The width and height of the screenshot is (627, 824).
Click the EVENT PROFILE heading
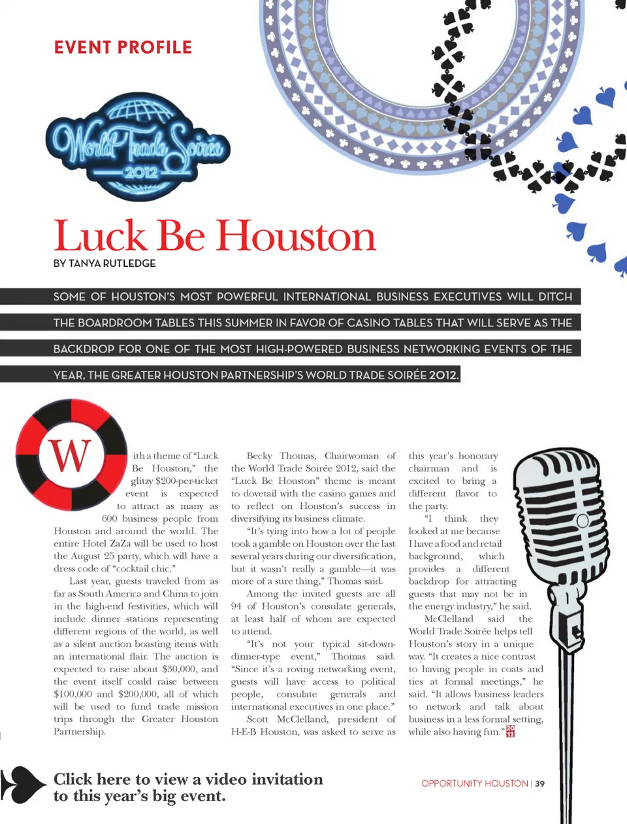[x=123, y=48]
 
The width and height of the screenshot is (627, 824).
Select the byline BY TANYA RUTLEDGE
[x=104, y=263]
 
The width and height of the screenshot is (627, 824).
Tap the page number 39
[x=540, y=783]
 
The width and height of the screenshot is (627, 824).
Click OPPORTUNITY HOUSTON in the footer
[x=474, y=783]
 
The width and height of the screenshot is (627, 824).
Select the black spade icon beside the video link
[x=25, y=784]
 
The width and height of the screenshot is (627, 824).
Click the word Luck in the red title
[x=101, y=236]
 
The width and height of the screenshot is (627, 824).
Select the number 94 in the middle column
[x=237, y=606]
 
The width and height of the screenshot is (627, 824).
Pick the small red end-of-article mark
[x=511, y=731]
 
